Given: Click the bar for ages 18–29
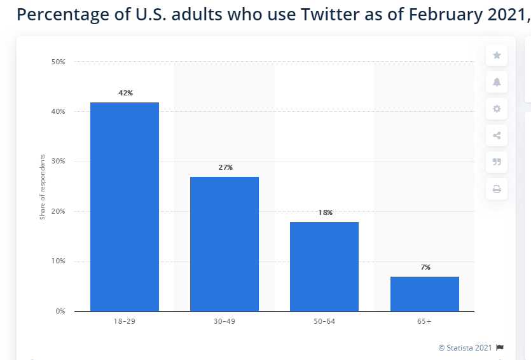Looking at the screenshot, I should [125, 207].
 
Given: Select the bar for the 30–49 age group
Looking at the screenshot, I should [224, 244].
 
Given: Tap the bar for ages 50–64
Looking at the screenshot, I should [324, 267].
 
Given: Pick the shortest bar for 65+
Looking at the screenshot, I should [424, 294].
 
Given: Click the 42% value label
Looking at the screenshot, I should [125, 93].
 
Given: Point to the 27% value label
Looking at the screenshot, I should [225, 167].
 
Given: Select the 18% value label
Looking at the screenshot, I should [325, 212].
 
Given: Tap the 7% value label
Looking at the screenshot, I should [425, 267].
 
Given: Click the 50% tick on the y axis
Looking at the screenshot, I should [58, 62].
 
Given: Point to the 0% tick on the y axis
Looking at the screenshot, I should [60, 311].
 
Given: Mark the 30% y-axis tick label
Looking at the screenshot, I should [58, 162].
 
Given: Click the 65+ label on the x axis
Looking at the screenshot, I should [424, 322].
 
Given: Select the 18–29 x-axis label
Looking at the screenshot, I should [125, 322].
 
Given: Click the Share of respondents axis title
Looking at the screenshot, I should [43, 186].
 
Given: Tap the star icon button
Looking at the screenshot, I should [497, 55].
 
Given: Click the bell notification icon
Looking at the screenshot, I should [497, 82].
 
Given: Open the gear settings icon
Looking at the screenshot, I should [497, 109].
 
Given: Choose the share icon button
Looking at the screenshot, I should [497, 135].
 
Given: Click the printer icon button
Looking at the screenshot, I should [497, 189].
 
